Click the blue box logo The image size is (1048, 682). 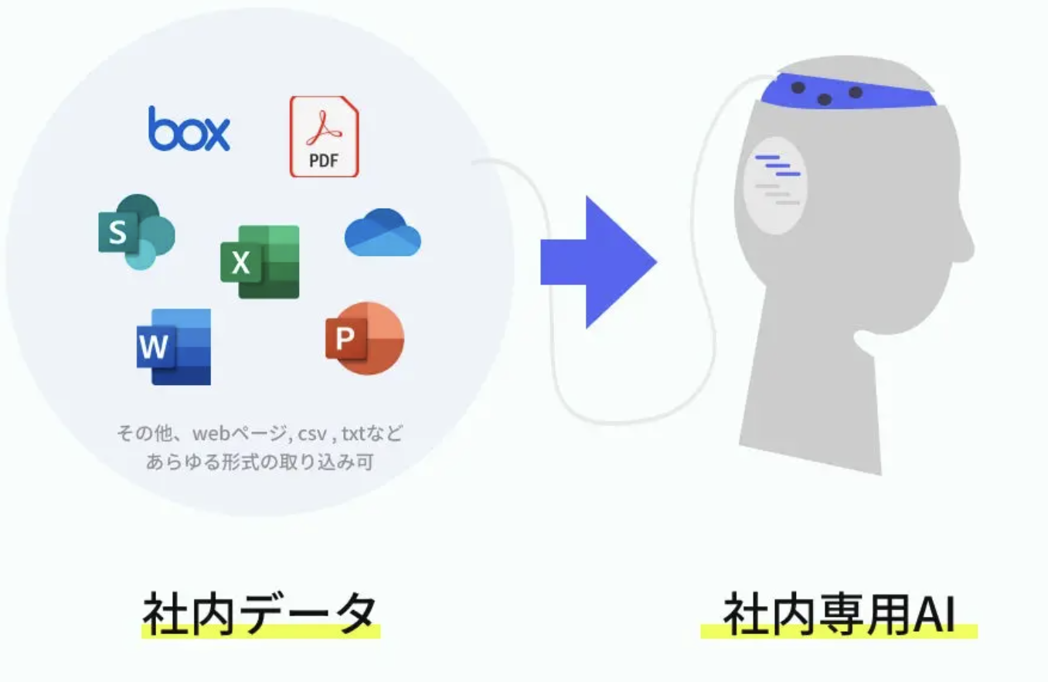pyautogui.click(x=189, y=129)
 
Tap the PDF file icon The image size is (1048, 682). pyautogui.click(x=324, y=136)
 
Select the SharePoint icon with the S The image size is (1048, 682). pyautogui.click(x=136, y=231)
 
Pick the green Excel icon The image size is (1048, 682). pyautogui.click(x=260, y=262)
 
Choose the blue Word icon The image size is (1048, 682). pyautogui.click(x=174, y=346)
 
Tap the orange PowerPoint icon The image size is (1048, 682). pyautogui.click(x=364, y=338)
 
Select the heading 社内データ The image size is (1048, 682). pyautogui.click(x=260, y=614)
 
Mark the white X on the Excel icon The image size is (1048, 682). pyautogui.click(x=240, y=264)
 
